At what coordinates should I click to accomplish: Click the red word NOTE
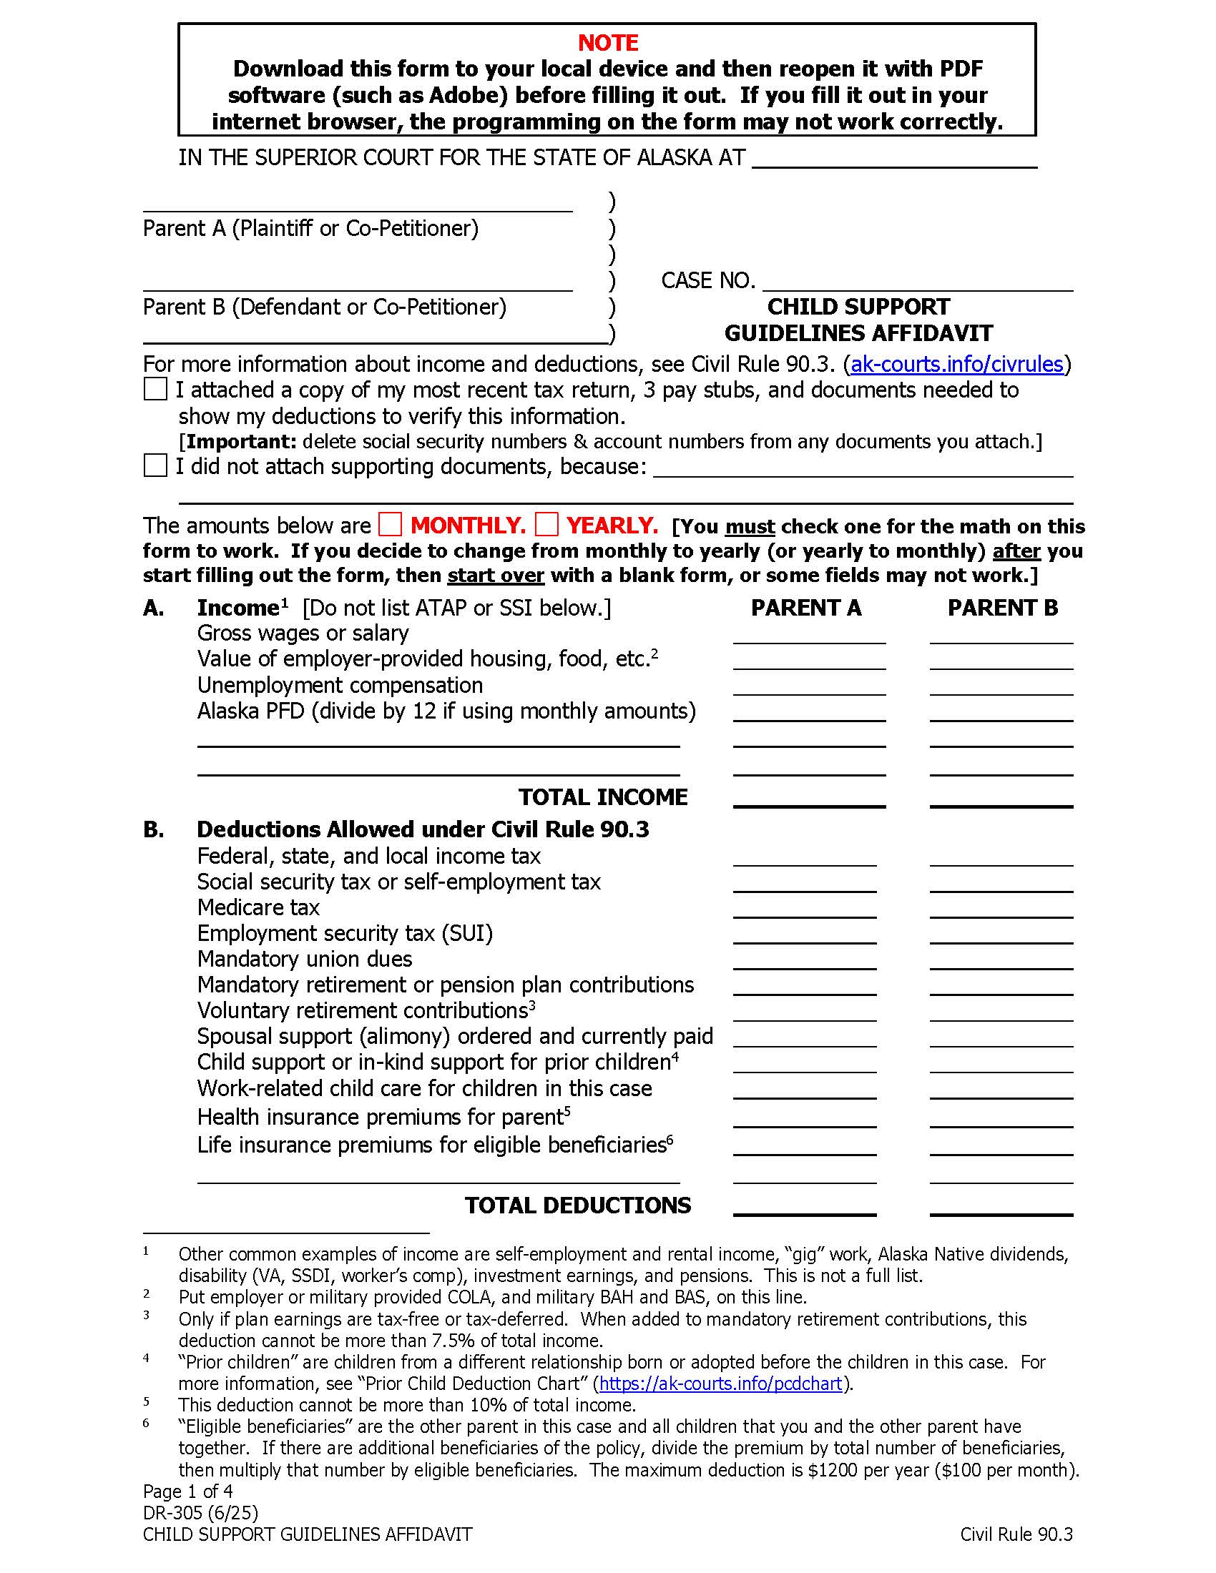click(x=607, y=43)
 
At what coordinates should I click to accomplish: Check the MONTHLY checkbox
click(x=390, y=524)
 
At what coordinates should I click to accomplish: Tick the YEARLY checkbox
click(x=546, y=524)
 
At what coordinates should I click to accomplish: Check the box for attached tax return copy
click(x=155, y=390)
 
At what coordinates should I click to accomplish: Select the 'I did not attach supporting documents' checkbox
click(x=155, y=465)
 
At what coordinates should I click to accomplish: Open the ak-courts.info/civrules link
click(x=956, y=365)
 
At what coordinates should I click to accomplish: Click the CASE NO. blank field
click(x=917, y=281)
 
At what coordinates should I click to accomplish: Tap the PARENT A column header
click(x=806, y=608)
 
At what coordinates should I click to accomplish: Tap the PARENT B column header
click(x=1002, y=608)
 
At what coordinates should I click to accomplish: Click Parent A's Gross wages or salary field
click(x=809, y=633)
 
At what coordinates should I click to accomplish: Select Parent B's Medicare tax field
click(x=1001, y=907)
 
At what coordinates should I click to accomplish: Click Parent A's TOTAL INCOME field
click(x=809, y=797)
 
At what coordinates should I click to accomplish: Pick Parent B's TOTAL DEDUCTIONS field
click(x=1001, y=1205)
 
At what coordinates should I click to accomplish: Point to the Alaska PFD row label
click(x=446, y=711)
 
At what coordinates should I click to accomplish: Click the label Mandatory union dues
click(x=305, y=960)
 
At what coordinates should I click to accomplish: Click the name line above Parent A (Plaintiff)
click(x=358, y=202)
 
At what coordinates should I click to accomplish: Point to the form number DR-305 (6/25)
click(x=200, y=1512)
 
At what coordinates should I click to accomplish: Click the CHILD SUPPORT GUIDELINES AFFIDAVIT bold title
click(x=858, y=320)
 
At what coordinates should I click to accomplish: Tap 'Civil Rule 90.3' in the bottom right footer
click(x=1016, y=1535)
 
